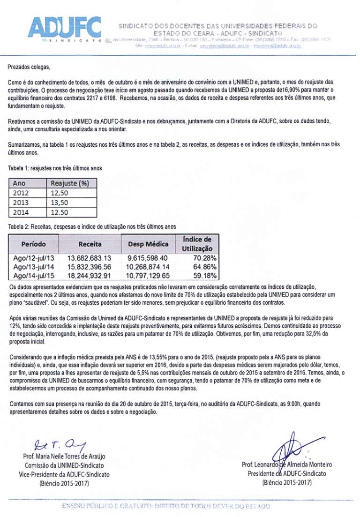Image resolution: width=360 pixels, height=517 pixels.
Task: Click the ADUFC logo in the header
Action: [x=65, y=28]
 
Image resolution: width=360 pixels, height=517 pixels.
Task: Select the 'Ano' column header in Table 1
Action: [x=19, y=183]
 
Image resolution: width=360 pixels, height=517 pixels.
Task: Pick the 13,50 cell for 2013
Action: [x=59, y=202]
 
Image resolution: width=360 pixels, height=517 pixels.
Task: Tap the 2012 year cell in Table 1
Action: [x=21, y=193]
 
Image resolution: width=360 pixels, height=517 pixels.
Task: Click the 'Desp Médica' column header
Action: [x=148, y=244]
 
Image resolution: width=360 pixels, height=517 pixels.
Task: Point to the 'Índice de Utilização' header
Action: [x=197, y=244]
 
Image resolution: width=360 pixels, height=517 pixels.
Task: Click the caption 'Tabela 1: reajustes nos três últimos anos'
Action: [x=55, y=168]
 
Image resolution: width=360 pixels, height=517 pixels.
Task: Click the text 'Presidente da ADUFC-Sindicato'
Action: [x=287, y=473]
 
